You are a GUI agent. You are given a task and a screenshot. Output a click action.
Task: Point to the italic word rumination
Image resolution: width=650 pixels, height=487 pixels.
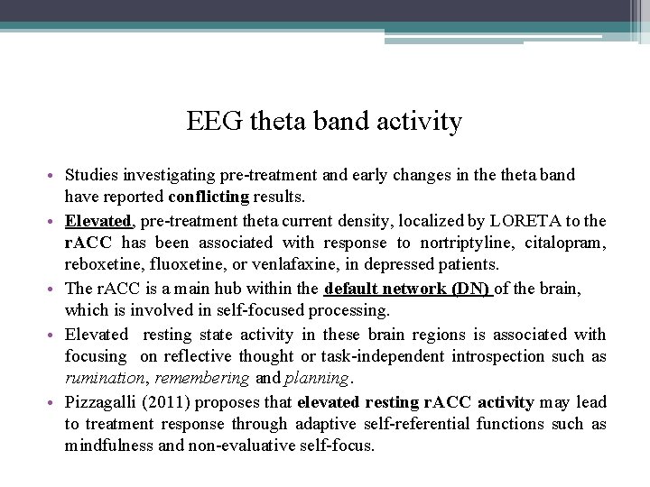[x=102, y=378]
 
